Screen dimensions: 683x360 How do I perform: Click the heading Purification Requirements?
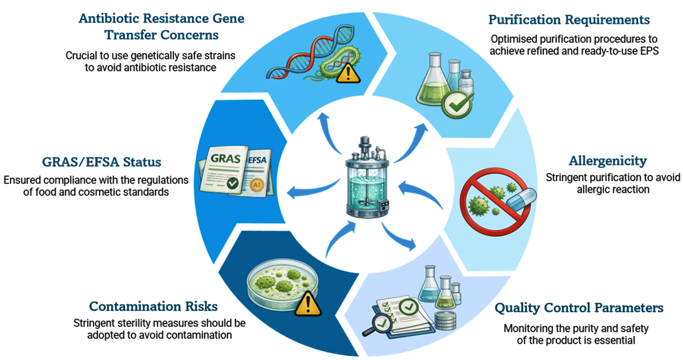pos(569,20)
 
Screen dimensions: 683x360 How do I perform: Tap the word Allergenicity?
pos(608,161)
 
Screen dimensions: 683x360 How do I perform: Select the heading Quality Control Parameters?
pos(579,308)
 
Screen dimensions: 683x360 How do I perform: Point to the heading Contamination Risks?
pos(153,306)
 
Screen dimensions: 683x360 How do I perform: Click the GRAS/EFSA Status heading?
pos(102,162)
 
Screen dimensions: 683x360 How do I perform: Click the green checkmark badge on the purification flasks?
pos(457,104)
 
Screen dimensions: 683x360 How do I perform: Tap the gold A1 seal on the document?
pos(257,185)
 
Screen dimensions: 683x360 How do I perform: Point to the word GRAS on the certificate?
pos(226,158)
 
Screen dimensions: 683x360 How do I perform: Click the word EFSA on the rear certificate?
pos(257,160)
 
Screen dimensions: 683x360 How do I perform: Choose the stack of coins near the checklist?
pos(445,321)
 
